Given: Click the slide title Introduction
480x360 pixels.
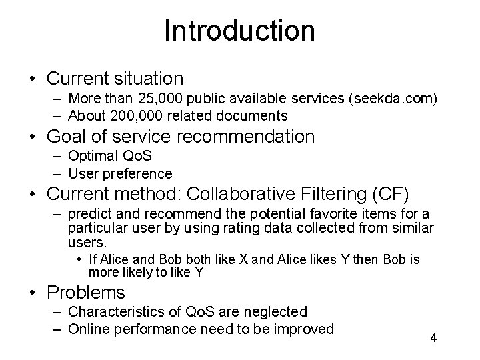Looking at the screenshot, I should point(239,31).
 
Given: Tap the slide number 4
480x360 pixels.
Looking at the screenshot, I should point(433,338).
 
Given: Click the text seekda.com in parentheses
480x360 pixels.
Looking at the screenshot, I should point(393,99).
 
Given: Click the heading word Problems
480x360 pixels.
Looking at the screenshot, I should point(86,292).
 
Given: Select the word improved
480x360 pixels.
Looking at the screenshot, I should point(300,328).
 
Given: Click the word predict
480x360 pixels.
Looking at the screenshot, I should point(90,215).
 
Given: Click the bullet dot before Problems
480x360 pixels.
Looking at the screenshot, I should point(33,293).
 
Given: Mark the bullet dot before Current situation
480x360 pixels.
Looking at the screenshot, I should point(33,79).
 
